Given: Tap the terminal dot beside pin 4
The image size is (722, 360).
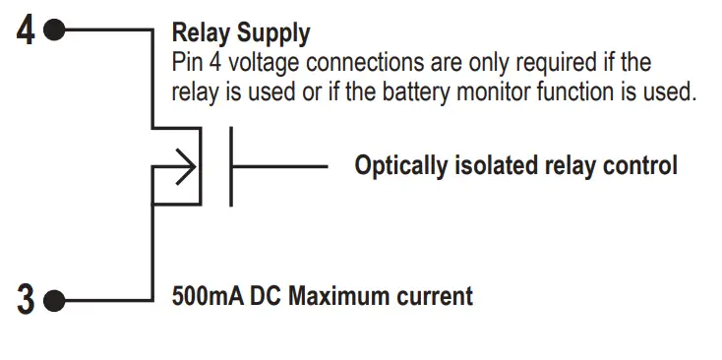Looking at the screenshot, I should (x=54, y=30).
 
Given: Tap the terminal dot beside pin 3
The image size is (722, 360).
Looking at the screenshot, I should (x=54, y=299).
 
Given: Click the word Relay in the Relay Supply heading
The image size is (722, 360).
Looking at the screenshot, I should (x=202, y=33).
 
